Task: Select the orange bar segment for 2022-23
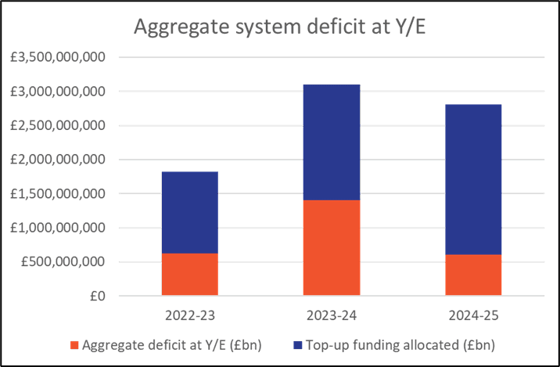pos(190,274)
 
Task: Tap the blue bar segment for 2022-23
pos(190,212)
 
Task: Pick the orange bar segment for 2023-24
pos(331,247)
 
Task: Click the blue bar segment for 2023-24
pos(331,142)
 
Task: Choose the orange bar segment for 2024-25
pos(473,275)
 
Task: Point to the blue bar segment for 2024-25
pos(473,179)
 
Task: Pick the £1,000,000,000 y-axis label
pos(58,228)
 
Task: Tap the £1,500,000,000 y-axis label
pos(58,193)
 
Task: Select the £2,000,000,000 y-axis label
pos(58,160)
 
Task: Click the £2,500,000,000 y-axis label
pos(58,125)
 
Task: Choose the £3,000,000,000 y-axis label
pos(58,92)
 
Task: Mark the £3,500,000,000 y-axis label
pos(58,57)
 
